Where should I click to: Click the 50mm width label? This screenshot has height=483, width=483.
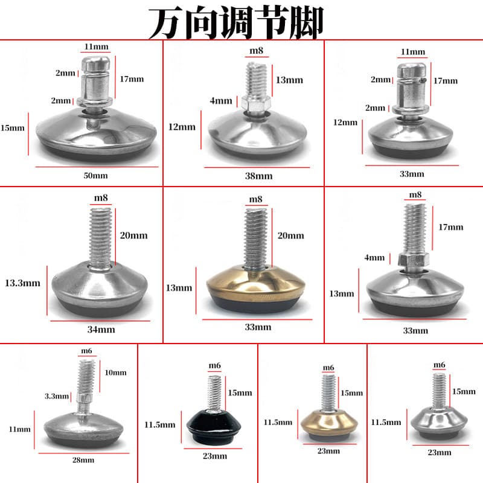[96, 176]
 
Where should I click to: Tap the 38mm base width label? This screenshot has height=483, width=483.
[259, 176]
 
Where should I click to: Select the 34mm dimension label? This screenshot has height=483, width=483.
[101, 330]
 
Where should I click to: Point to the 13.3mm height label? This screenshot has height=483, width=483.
[22, 283]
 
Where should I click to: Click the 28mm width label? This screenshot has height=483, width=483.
[83, 460]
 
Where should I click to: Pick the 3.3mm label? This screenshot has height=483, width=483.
[57, 396]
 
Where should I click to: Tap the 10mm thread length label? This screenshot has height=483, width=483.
[115, 373]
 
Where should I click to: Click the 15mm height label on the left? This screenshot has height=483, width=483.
[12, 128]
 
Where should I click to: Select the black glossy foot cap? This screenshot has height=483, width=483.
[214, 426]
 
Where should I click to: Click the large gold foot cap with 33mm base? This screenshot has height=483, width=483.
[256, 288]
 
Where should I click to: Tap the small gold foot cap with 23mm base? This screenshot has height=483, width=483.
[329, 424]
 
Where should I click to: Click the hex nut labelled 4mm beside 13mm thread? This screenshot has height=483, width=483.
[256, 103]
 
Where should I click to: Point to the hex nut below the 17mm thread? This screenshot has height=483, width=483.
[414, 260]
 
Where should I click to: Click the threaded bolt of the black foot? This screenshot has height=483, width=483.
[214, 394]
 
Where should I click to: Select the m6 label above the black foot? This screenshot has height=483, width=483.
[215, 365]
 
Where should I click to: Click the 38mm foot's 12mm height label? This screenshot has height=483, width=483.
[182, 127]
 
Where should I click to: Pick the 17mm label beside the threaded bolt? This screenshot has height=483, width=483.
[451, 227]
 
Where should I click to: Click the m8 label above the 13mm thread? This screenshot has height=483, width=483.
[256, 51]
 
